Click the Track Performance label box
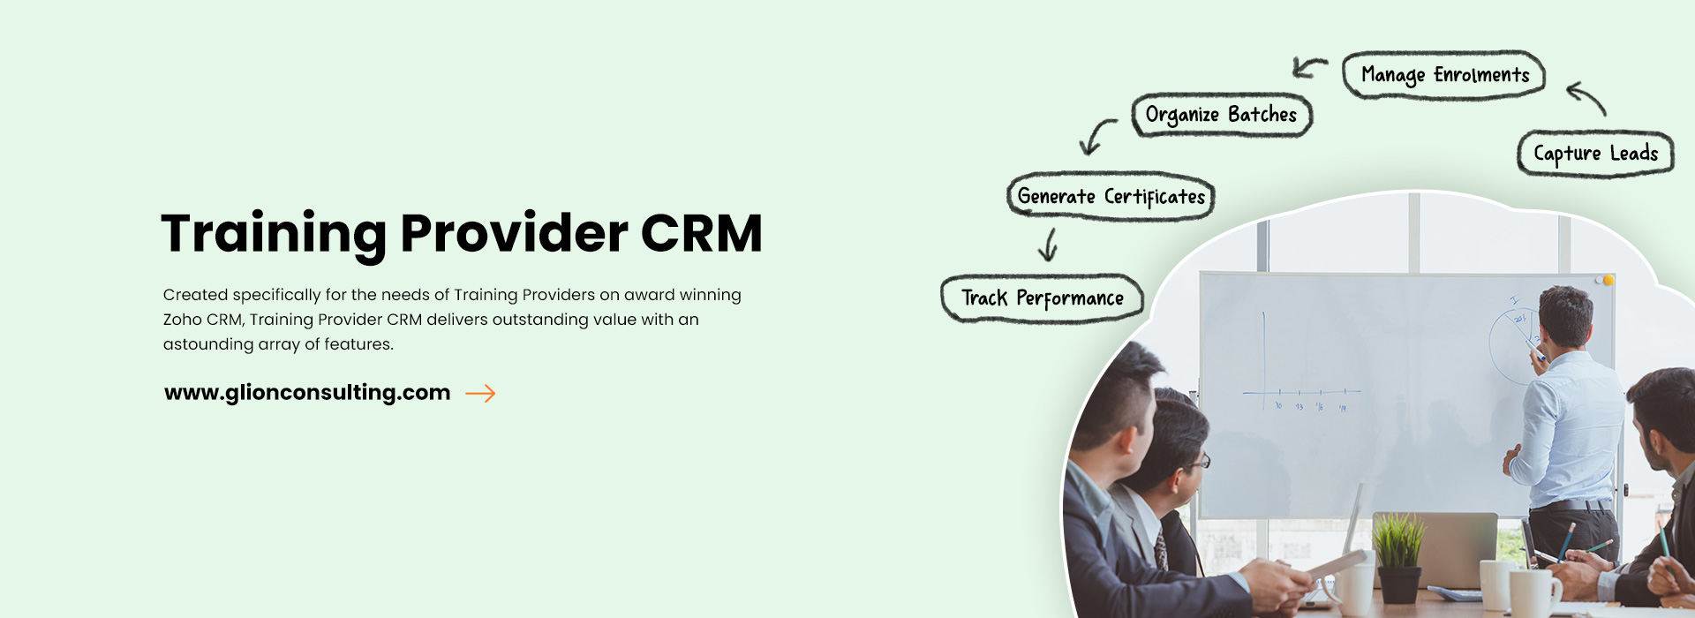click(x=1042, y=298)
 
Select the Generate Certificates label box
click(x=1111, y=196)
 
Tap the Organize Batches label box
click(x=1222, y=115)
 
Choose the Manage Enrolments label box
click(x=1444, y=75)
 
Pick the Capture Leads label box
click(x=1595, y=154)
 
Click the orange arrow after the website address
click(x=480, y=394)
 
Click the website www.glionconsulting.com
click(x=307, y=393)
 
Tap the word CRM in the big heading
click(x=701, y=233)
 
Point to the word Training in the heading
click(x=274, y=234)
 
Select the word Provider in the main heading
click(x=514, y=233)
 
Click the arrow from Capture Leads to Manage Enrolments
click(x=1587, y=97)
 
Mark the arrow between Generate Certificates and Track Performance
click(x=1049, y=245)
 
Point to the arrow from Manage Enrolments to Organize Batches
click(x=1309, y=67)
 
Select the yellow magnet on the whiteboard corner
click(x=1608, y=280)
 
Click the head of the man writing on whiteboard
click(x=1566, y=314)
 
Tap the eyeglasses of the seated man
click(x=1199, y=462)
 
